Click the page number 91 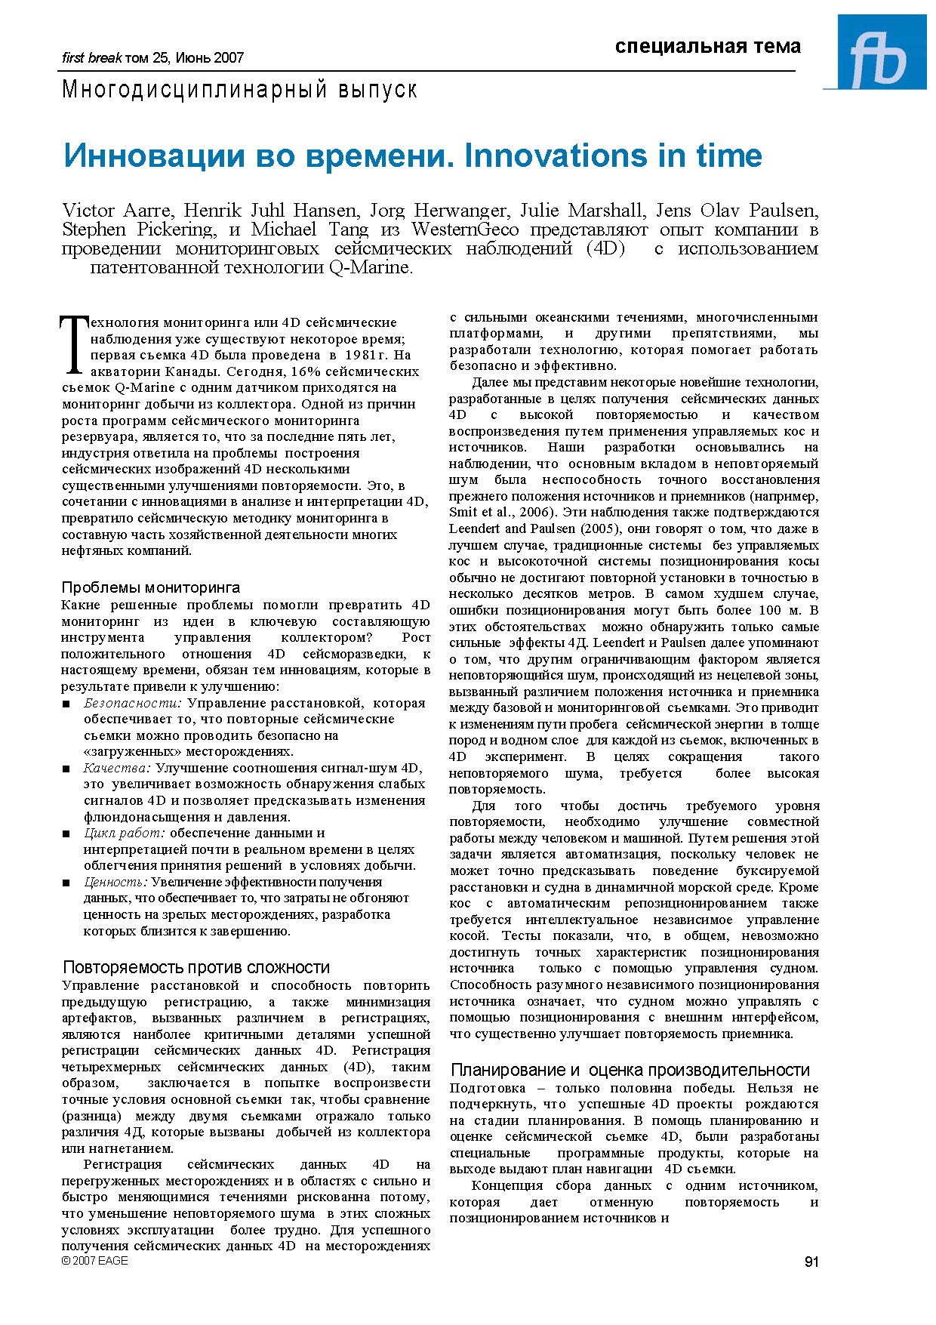click(x=811, y=1262)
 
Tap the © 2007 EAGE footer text click(x=95, y=1261)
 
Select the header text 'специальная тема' click(x=707, y=47)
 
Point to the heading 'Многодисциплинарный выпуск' click(x=239, y=90)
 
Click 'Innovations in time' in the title click(x=613, y=156)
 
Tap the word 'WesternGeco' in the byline click(x=465, y=230)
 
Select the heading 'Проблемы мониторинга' click(x=150, y=587)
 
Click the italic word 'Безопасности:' click(x=133, y=703)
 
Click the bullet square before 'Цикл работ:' click(x=66, y=834)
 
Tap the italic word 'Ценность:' click(x=115, y=882)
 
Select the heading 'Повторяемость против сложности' click(x=196, y=967)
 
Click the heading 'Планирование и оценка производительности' click(x=630, y=1070)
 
